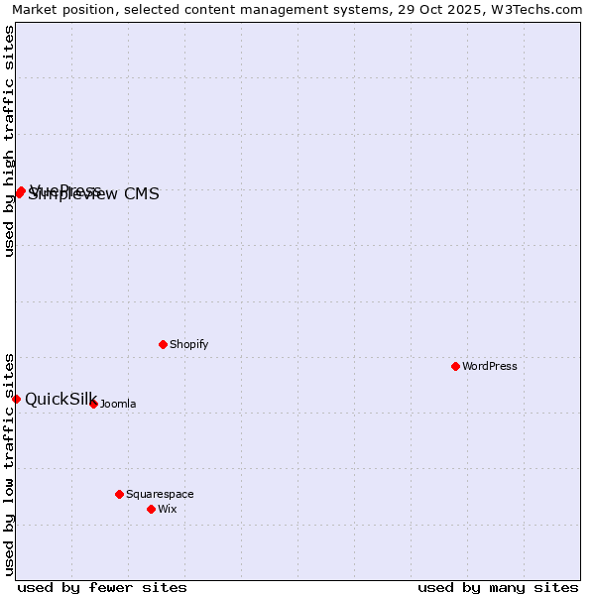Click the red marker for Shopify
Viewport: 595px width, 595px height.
(164, 345)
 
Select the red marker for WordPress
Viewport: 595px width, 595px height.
(456, 367)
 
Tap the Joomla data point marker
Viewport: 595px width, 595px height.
(94, 405)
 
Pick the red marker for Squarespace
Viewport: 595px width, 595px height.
(120, 494)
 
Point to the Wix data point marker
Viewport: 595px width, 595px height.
(152, 510)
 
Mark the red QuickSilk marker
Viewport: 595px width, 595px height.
(17, 399)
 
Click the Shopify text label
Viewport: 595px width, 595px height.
(188, 345)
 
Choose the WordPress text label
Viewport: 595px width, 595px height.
(489, 367)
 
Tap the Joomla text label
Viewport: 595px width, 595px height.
(118, 405)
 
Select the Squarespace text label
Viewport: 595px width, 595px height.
(160, 494)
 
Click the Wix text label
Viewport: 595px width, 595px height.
(167, 510)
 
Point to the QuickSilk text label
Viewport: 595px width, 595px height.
(60, 399)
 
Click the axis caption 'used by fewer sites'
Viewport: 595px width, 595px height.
(102, 587)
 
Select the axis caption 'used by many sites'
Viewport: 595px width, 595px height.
(498, 587)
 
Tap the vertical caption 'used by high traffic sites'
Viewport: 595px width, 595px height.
(9, 141)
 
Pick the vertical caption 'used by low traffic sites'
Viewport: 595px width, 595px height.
(9, 463)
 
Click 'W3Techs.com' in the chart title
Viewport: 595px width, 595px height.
(540, 9)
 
